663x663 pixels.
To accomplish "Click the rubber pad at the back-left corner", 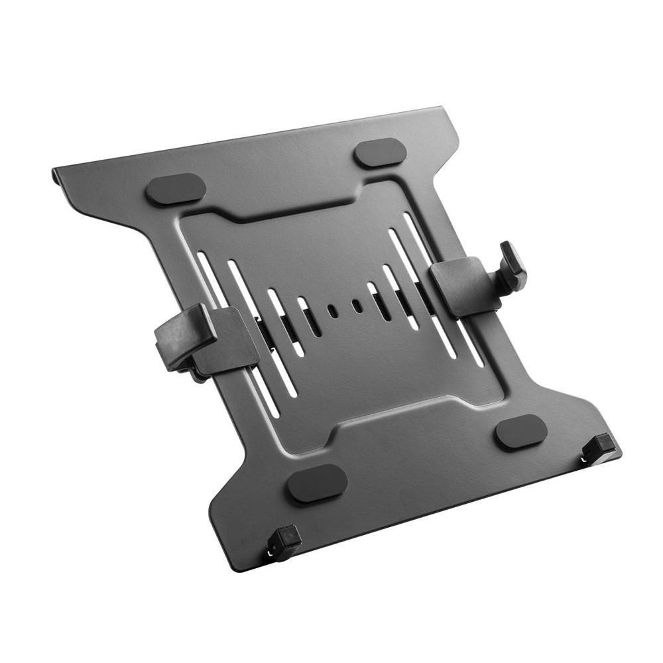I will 176,189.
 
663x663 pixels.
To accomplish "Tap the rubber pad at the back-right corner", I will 380,153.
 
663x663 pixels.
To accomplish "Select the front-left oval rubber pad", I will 317,483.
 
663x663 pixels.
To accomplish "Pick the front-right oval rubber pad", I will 521,433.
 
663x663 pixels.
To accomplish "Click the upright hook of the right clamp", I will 512,265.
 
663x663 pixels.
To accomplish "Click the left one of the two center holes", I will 333,310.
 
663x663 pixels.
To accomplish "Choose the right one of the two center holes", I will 357,306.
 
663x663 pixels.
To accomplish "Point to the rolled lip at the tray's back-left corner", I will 56,175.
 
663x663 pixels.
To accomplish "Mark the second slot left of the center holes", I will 285,322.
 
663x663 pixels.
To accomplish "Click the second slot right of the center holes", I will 401,296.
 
